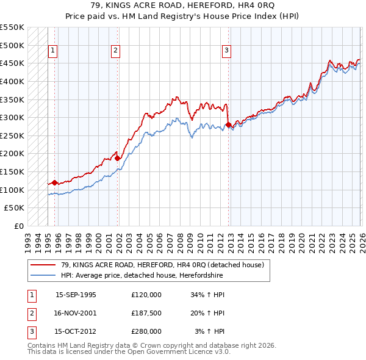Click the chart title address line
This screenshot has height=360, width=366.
[183, 5]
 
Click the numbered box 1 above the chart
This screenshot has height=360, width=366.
[54, 51]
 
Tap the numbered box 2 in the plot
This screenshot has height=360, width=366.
[115, 51]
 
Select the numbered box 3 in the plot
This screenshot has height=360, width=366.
[226, 51]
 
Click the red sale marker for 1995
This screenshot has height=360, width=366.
[55, 182]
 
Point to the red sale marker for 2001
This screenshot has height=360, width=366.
[118, 158]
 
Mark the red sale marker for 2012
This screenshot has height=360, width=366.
[228, 124]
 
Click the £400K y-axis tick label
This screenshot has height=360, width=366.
[13, 81]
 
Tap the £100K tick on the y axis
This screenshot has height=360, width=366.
[13, 190]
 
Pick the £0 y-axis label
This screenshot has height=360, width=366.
[18, 226]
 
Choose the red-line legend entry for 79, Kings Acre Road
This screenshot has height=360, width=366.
[162, 265]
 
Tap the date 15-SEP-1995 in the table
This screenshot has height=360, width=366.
[76, 295]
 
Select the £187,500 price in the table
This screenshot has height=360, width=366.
[146, 313]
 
